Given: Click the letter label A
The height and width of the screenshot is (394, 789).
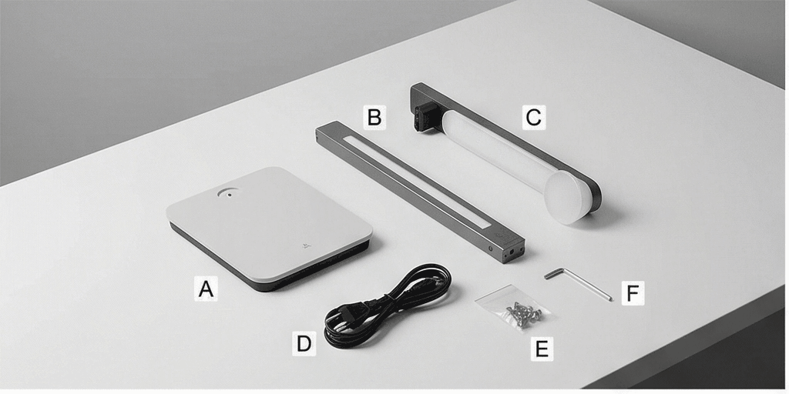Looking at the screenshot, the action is [x=206, y=289].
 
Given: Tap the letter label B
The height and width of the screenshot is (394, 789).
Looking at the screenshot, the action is [x=374, y=118].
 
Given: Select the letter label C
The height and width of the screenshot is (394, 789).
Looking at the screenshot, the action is [x=533, y=118].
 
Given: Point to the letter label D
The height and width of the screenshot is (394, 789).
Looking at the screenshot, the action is [x=304, y=344].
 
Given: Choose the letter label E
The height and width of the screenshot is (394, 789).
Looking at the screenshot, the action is [x=542, y=349].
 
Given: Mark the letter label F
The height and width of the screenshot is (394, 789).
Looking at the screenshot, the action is [x=633, y=293].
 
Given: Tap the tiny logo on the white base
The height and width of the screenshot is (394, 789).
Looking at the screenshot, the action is [x=305, y=245].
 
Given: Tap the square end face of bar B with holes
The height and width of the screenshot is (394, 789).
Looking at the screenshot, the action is [x=514, y=252].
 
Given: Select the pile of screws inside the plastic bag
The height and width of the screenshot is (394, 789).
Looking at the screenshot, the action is [x=523, y=314].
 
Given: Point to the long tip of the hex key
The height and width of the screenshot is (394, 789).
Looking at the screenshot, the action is [x=610, y=299].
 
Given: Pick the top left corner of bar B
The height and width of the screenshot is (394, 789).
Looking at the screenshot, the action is [x=316, y=129].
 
